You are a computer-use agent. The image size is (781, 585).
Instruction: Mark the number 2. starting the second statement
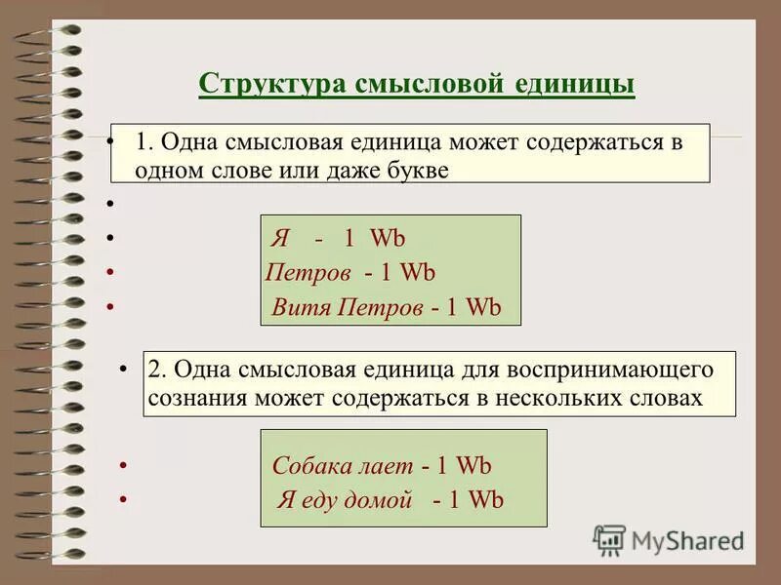click(x=158, y=370)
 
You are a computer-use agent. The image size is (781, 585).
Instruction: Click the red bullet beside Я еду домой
click(x=123, y=498)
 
